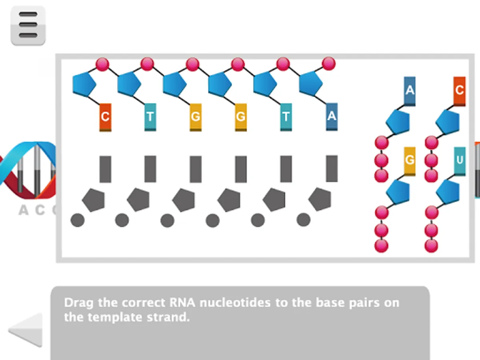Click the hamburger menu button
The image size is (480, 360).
tap(28, 26)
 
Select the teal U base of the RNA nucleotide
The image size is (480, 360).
tap(460, 161)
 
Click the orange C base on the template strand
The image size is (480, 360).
tap(105, 117)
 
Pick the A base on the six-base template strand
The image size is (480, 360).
tap(332, 117)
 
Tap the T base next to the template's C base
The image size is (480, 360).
tap(150, 117)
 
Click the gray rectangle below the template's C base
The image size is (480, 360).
tap(105, 169)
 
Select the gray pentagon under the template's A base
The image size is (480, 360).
tap(320, 199)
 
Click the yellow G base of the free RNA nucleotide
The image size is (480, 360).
tap(410, 161)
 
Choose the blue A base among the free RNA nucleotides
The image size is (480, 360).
tap(410, 90)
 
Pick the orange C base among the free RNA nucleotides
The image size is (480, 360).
tap(459, 90)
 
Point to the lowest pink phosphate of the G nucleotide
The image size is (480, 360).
tap(381, 245)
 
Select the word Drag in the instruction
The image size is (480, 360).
tap(79, 302)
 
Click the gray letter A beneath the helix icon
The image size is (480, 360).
tap(24, 210)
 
